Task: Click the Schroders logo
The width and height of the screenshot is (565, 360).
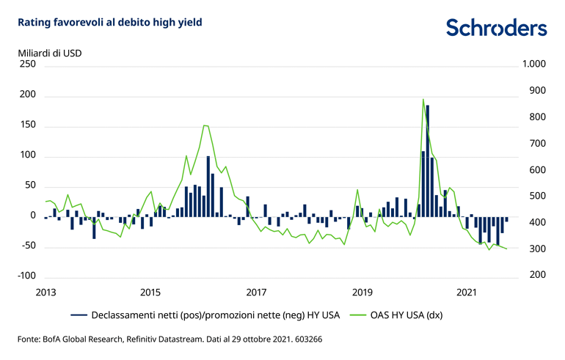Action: click(496, 27)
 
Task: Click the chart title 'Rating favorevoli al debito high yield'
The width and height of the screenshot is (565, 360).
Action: click(104, 22)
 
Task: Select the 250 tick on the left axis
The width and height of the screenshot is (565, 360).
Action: click(27, 65)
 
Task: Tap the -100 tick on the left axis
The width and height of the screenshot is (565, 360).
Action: click(26, 276)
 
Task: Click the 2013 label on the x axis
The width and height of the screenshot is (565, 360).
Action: click(45, 293)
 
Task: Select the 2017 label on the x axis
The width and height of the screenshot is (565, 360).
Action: click(255, 293)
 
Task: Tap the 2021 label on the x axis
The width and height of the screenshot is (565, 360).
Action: click(467, 293)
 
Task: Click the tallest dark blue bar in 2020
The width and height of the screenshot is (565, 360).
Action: click(428, 161)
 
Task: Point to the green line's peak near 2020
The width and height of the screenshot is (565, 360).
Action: click(423, 99)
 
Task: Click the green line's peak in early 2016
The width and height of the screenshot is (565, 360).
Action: click(205, 125)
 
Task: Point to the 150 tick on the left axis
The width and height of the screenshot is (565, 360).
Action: click(27, 125)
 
